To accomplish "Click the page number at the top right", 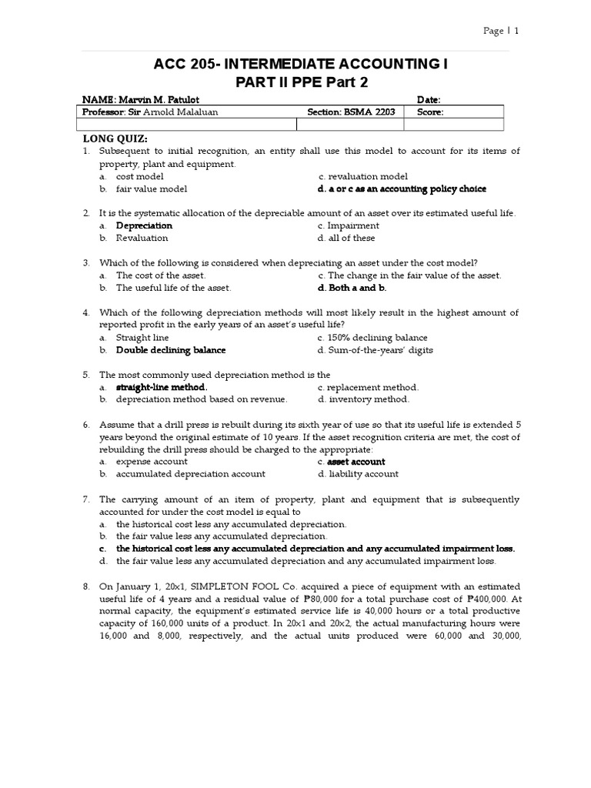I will point(501,32).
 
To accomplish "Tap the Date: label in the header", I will point(428,100).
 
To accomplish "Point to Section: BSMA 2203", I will point(351,112).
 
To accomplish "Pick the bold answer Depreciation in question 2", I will point(144,225).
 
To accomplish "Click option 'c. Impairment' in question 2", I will point(348,225).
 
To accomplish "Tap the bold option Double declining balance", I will point(171,349).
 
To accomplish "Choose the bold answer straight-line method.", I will point(161,387).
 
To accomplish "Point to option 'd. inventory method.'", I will point(363,399).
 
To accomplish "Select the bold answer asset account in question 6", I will point(356,462).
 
